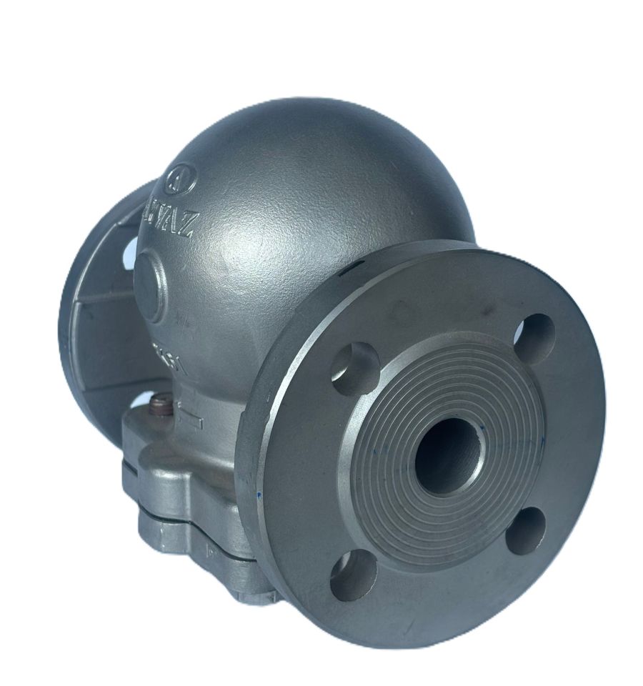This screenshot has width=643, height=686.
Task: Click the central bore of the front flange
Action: pos(446,455)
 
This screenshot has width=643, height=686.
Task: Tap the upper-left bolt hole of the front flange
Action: pos(355,369)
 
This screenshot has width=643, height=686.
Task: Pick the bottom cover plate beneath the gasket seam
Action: pos(186,543)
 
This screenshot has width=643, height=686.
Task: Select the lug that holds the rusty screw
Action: pos(154,429)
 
